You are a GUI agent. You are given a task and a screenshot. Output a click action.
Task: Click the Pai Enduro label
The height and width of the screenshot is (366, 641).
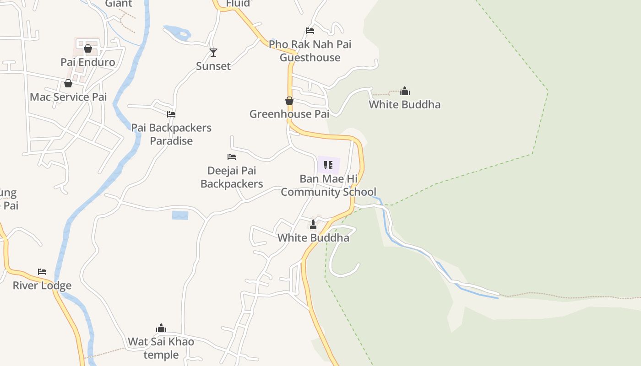click(88, 62)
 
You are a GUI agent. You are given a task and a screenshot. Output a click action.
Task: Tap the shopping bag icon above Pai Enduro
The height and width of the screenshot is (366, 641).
click(88, 48)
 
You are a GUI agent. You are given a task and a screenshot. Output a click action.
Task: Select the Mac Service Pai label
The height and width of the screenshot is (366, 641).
click(68, 97)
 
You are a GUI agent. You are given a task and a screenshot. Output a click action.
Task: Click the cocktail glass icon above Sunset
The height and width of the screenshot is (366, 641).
click(213, 53)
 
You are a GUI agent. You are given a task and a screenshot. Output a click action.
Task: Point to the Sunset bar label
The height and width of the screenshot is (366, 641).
click(213, 66)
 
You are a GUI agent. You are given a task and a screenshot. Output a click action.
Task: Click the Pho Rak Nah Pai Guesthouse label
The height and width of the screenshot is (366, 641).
click(310, 51)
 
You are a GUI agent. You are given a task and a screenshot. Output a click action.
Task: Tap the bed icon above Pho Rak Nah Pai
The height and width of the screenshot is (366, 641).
click(310, 31)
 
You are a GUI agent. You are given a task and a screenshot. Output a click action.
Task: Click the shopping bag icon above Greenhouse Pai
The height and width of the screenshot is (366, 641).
click(289, 101)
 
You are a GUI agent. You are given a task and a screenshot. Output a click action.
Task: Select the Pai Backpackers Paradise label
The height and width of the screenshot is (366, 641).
click(171, 134)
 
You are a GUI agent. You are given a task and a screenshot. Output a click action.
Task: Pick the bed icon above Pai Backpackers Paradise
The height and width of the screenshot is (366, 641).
click(171, 114)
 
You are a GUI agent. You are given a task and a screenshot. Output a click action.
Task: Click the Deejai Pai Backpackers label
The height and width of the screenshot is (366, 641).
click(232, 177)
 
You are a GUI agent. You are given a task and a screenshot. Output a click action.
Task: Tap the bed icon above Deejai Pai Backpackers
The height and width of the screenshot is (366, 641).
click(232, 157)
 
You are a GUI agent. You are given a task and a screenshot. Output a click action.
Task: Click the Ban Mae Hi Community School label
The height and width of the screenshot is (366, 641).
click(328, 185)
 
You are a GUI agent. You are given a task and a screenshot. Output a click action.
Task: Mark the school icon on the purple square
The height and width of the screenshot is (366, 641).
click(328, 165)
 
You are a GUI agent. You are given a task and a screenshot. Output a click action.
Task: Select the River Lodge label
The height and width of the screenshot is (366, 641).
click(42, 285)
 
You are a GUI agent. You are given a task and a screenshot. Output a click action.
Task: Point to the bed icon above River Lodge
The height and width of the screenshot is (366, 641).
click(42, 272)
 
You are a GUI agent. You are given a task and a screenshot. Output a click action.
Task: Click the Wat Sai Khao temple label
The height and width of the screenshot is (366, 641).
click(161, 348)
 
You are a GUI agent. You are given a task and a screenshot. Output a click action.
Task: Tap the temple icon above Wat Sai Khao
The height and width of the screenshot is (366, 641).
click(161, 328)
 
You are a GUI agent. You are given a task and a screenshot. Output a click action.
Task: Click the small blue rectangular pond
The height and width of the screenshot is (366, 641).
click(180, 215)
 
